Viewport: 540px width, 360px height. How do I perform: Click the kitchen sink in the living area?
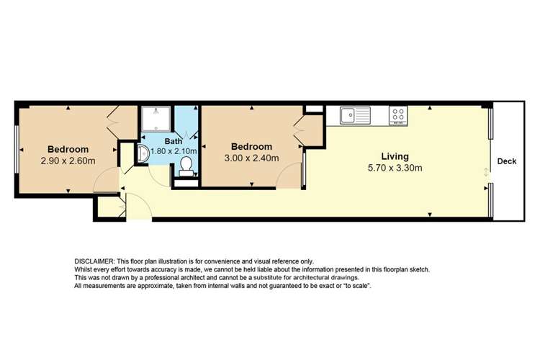[x=354, y=114]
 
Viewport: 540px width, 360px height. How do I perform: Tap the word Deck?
[x=507, y=161]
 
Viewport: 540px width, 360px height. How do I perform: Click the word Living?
[x=395, y=156]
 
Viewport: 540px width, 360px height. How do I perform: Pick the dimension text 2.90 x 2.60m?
[x=68, y=162]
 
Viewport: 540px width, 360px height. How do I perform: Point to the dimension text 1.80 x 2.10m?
[x=173, y=151]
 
